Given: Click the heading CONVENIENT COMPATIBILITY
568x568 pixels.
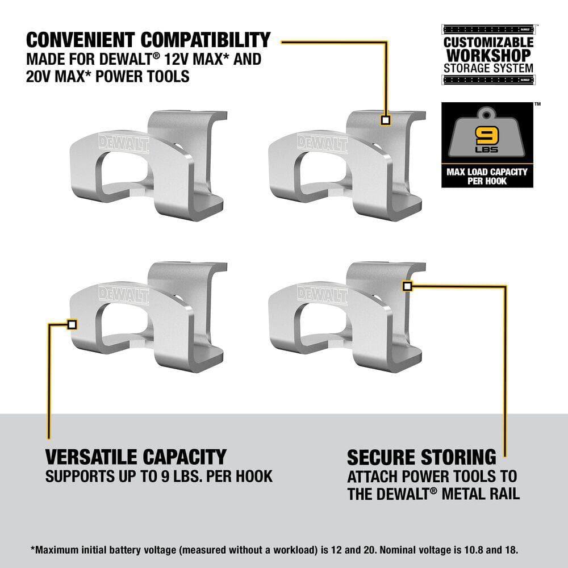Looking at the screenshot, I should tap(148, 40).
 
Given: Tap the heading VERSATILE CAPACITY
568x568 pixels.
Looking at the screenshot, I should tap(136, 457).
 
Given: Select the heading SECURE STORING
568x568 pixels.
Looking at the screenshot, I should tap(421, 457).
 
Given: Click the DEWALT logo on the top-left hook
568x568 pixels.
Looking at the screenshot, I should tap(124, 143).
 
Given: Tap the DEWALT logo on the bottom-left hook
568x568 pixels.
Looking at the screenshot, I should tap(124, 295).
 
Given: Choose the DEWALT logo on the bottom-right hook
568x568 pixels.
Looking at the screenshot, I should tap(322, 294).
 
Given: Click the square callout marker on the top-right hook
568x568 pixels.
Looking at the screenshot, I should tap(386, 120).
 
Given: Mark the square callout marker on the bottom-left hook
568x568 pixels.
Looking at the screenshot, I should tap(72, 324).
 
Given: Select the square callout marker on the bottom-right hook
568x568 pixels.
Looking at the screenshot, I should tap(407, 286).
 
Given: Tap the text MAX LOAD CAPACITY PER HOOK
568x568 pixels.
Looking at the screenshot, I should tap(487, 176).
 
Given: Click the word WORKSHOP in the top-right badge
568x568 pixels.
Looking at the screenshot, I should tap(488, 56).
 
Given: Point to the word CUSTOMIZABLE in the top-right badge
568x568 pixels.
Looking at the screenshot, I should tap(488, 43).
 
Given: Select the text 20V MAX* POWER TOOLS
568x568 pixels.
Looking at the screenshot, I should tap(108, 77).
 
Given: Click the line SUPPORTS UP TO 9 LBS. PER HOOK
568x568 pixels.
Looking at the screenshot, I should tap(159, 476).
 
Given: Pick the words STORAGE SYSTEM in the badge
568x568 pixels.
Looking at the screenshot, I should tap(488, 68).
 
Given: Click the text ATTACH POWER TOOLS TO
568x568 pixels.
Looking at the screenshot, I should tap(432, 476).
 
